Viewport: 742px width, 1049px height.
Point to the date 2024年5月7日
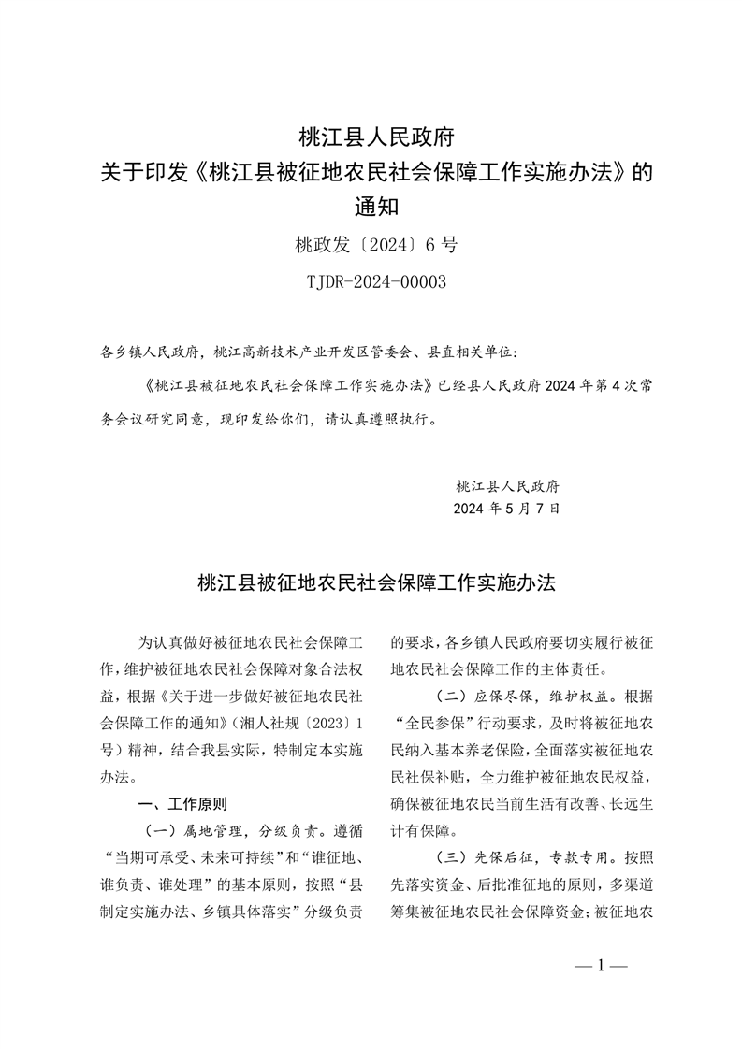[x=506, y=510]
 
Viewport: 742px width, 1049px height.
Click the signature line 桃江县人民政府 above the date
[x=506, y=486]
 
